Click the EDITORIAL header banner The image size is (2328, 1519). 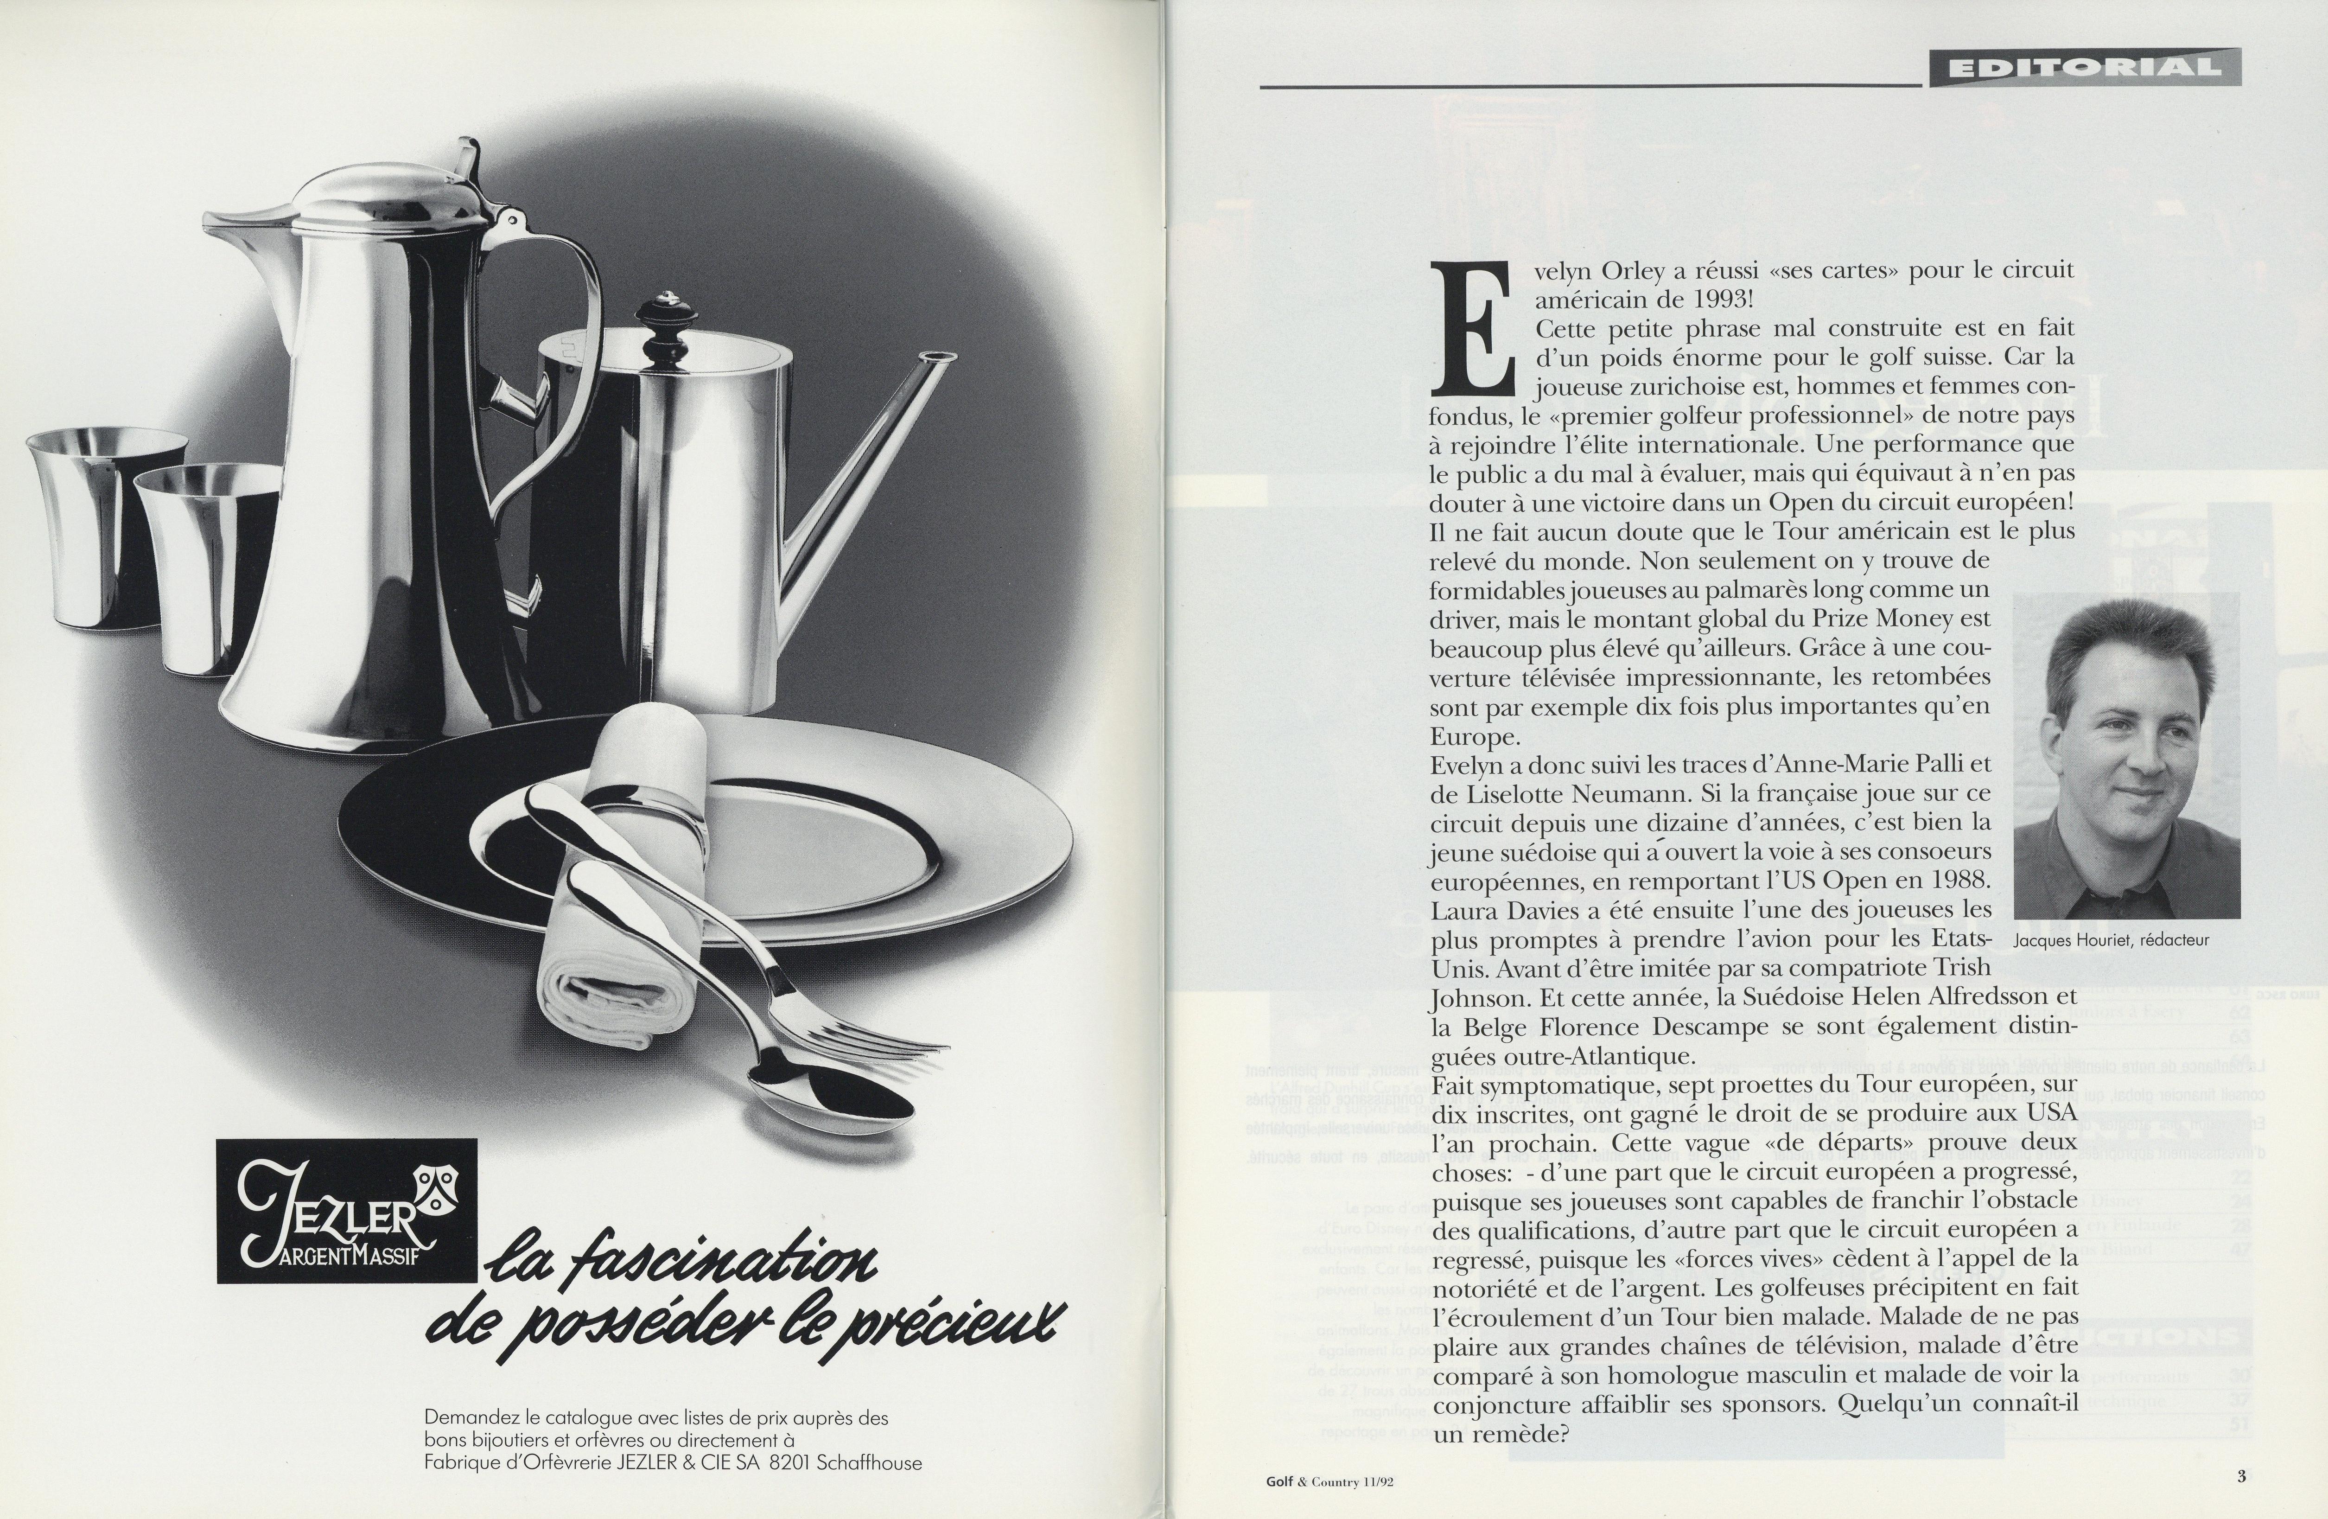[x=2083, y=68]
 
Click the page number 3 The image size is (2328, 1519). [x=2241, y=1477]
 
